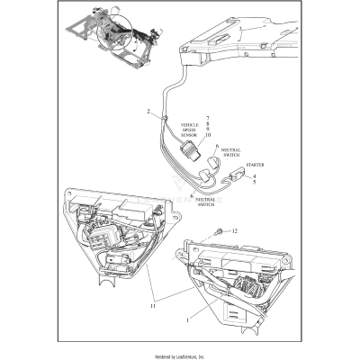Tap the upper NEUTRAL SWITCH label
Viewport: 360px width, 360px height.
click(231, 155)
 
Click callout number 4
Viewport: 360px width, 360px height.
click(255, 176)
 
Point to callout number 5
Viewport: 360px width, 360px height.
click(255, 184)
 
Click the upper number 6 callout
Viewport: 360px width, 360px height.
click(216, 145)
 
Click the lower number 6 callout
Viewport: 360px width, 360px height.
click(192, 194)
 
